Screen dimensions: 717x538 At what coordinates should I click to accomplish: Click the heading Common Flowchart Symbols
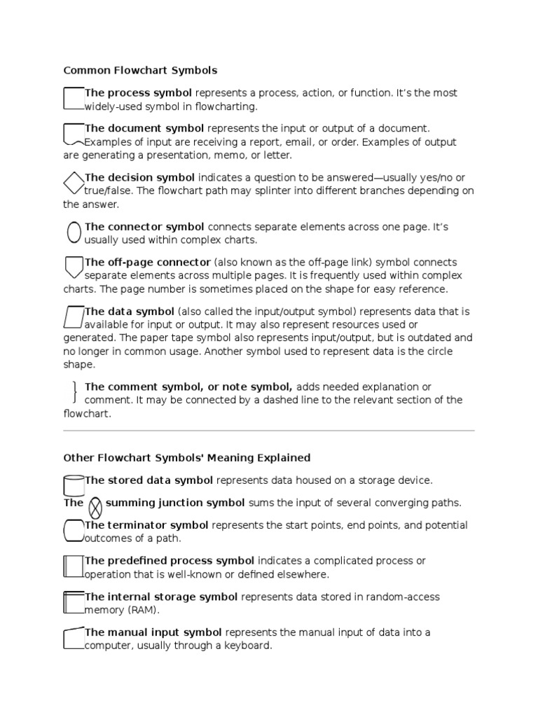(140, 70)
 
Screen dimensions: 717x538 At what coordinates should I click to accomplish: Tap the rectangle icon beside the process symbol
(74, 99)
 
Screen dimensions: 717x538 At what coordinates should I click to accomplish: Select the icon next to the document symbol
(74, 134)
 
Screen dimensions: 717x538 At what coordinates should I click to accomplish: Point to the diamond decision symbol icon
(74, 183)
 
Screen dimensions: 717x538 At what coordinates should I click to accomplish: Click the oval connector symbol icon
(74, 232)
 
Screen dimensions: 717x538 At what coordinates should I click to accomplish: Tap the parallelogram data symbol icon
(74, 317)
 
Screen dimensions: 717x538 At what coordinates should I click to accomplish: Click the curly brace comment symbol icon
(75, 392)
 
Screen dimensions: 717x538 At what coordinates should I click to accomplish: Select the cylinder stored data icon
(74, 485)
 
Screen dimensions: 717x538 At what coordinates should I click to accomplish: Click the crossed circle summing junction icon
(96, 506)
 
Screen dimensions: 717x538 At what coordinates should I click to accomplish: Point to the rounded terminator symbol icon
(74, 531)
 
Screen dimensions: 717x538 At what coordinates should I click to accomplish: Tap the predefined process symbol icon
(74, 566)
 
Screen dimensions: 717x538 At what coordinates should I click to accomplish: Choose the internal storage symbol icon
(74, 602)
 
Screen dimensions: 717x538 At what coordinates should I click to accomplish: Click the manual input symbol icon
(74, 639)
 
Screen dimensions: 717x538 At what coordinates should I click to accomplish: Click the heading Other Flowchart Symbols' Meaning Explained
(186, 458)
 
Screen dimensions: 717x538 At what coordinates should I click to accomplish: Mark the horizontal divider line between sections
(269, 431)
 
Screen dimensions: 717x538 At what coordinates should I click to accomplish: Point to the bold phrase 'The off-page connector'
(147, 262)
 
